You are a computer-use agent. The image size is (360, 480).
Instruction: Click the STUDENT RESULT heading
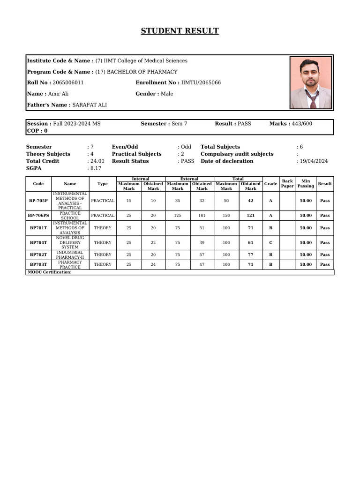pyautogui.click(x=180, y=31)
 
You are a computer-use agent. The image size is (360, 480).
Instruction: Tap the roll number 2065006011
pyautogui.click(x=68, y=82)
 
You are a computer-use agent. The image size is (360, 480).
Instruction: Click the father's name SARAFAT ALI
pyautogui.click(x=90, y=105)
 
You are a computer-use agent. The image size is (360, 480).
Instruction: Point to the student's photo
pyautogui.click(x=311, y=82)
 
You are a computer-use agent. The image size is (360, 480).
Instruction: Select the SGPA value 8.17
pyautogui.click(x=96, y=168)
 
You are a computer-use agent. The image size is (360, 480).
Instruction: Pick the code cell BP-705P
pyautogui.click(x=38, y=201)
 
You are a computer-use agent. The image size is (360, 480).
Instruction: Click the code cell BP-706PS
pyautogui.click(x=38, y=216)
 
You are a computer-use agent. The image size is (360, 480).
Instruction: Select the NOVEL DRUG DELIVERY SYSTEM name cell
pyautogui.click(x=70, y=243)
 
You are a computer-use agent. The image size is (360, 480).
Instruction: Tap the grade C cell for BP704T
pyautogui.click(x=270, y=243)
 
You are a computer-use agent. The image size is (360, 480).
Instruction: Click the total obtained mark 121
pyautogui.click(x=250, y=216)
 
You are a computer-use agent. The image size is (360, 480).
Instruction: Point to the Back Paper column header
pyautogui.click(x=287, y=184)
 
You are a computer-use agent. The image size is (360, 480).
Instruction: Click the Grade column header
pyautogui.click(x=270, y=184)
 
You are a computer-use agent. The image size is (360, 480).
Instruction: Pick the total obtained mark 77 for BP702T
pyautogui.click(x=250, y=255)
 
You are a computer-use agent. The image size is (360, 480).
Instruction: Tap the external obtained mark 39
pyautogui.click(x=202, y=243)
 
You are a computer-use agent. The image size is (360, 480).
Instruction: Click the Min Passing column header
pyautogui.click(x=306, y=184)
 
